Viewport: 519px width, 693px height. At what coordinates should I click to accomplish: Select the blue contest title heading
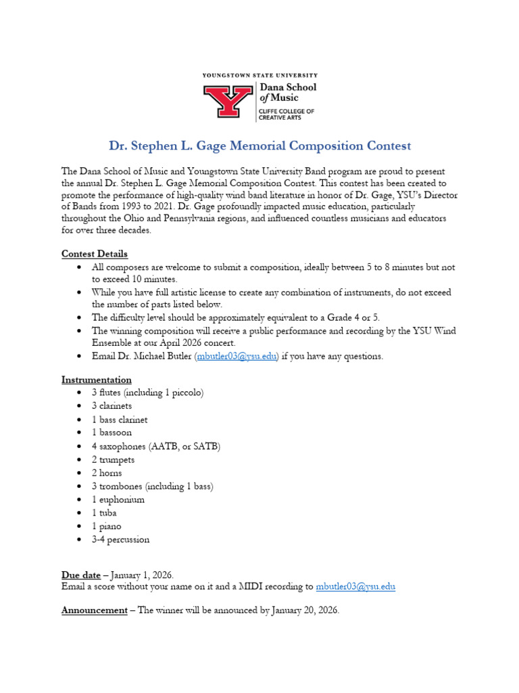tap(259, 146)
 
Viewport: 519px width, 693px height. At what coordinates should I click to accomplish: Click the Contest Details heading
tap(95, 254)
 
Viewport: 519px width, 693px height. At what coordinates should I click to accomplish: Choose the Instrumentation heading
tap(97, 380)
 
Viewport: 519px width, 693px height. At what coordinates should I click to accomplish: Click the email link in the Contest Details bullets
tap(237, 357)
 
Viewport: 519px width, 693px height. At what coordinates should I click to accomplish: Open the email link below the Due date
tap(355, 587)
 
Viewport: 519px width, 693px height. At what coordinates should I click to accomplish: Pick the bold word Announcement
tap(94, 610)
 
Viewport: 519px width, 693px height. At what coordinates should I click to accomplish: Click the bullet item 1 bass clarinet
tap(120, 420)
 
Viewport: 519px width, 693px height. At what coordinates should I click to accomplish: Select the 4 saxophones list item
tap(156, 447)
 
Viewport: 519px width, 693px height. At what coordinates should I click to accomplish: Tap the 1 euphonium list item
tap(118, 500)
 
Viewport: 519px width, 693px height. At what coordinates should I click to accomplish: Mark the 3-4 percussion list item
tap(121, 540)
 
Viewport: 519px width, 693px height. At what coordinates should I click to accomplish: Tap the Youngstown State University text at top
tap(259, 76)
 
